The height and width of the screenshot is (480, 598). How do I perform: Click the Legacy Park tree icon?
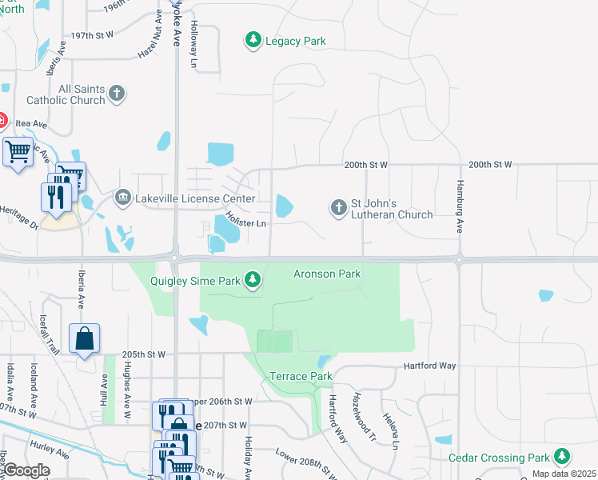tap(253, 40)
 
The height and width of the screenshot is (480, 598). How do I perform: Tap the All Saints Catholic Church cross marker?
tap(117, 94)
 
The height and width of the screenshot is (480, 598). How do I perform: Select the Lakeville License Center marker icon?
tap(123, 196)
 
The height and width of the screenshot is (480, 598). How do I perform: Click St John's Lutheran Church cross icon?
tap(338, 208)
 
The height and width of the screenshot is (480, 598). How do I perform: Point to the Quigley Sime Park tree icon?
tap(253, 279)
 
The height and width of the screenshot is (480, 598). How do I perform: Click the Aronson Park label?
tap(329, 274)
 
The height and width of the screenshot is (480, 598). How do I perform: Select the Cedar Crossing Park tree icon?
tap(563, 457)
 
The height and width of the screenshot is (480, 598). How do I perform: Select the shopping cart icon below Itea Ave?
tap(17, 150)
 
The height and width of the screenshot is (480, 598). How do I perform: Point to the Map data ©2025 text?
tap(564, 474)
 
